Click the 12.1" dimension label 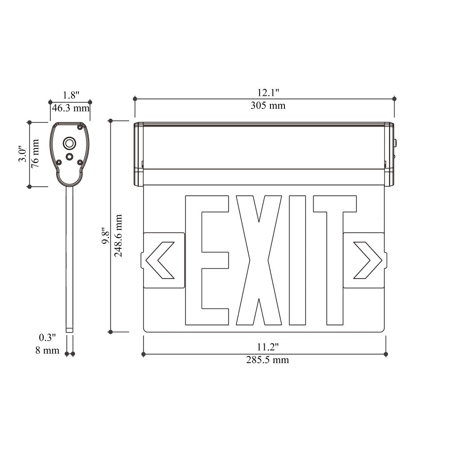point(268,93)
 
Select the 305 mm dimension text point(268,106)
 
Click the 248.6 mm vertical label point(118,235)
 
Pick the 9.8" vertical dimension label point(105,235)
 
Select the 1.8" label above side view point(71,95)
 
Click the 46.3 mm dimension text point(71,108)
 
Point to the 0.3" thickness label point(47,337)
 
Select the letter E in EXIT point(207,260)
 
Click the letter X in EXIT point(259,260)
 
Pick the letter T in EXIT point(334,260)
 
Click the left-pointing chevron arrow point(161,260)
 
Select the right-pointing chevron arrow point(367,260)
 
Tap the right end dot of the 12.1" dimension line point(395,99)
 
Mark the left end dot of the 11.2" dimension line point(144,354)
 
